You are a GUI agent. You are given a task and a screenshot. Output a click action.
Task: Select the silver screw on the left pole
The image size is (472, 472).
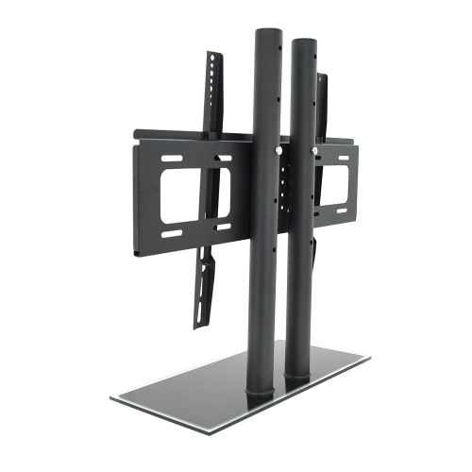pos(277,148)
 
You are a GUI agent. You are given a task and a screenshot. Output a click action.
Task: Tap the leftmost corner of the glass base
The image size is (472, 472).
pos(111,396)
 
